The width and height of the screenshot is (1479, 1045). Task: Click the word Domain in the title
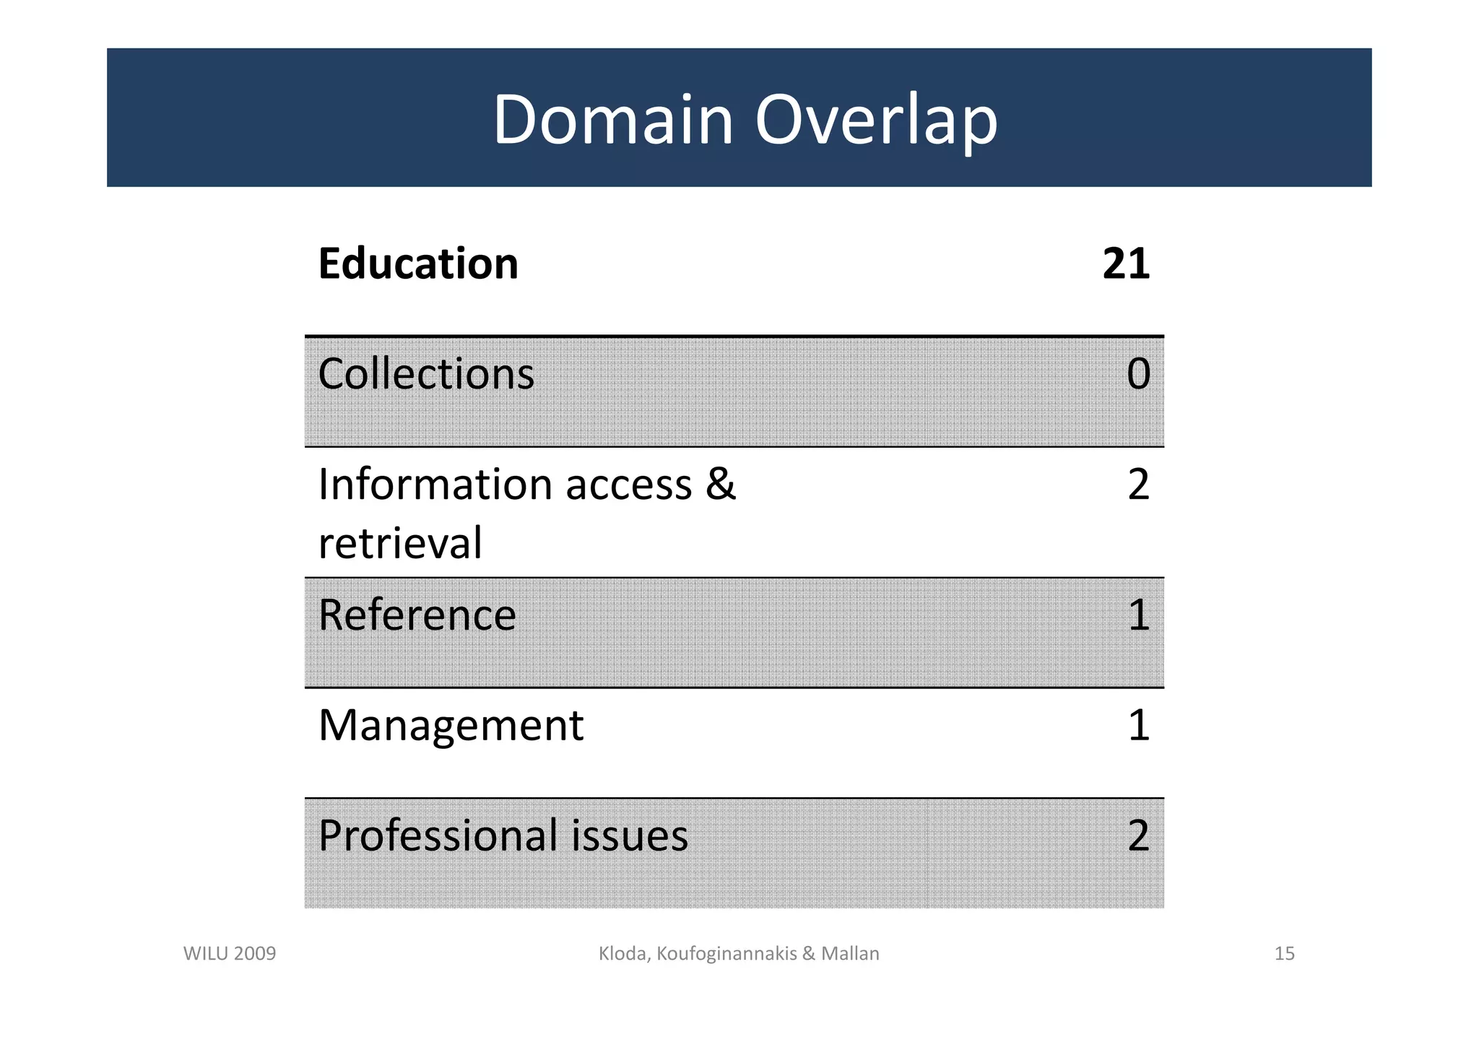613,119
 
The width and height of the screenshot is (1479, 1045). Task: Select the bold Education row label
418,264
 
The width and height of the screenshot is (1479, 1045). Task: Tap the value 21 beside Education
1125,264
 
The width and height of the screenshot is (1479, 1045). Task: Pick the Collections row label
426,374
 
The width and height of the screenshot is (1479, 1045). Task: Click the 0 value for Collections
1138,374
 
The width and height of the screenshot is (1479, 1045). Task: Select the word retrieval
400,543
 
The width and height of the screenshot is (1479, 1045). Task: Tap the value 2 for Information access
1138,485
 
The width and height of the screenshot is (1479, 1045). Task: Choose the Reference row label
417,615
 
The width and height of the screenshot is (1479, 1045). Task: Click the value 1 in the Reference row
1139,615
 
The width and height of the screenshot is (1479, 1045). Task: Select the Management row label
451,725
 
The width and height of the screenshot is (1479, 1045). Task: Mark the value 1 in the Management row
1139,725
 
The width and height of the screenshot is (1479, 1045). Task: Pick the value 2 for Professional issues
1138,836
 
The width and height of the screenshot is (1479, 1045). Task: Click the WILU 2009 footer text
230,954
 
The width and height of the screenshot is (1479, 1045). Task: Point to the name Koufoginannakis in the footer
727,954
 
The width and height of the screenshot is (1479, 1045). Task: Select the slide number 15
1284,954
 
